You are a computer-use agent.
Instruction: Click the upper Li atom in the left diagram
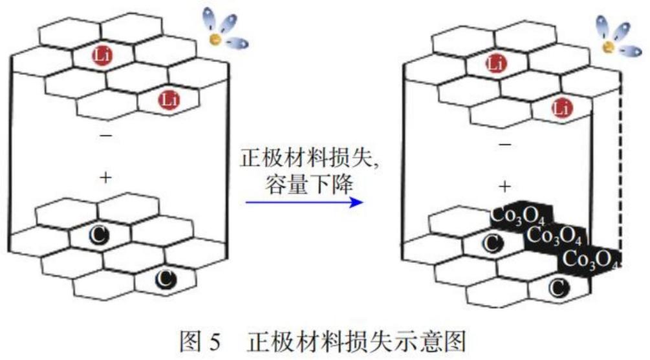click(x=102, y=56)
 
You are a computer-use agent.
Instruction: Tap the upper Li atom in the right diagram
click(x=495, y=64)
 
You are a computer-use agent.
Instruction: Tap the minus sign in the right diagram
click(x=504, y=145)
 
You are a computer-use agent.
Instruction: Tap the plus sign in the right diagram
click(x=504, y=186)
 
